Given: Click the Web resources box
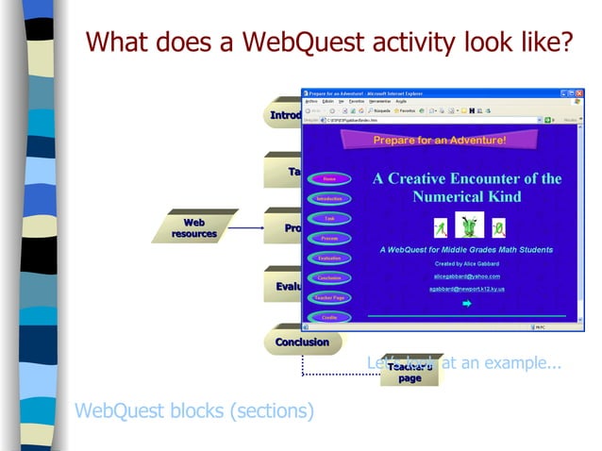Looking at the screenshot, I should pos(193,227).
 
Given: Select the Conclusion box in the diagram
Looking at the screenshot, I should pos(301,342).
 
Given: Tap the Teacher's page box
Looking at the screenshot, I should pos(410,373).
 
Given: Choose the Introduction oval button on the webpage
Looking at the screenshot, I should pos(329,198).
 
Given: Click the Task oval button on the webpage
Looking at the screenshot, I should pos(329,218).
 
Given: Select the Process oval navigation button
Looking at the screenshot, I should pos(329,238).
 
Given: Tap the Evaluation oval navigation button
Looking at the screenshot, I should pos(329,258).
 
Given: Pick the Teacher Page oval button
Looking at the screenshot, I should pos(329,297).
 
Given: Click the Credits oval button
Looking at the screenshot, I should pos(329,317).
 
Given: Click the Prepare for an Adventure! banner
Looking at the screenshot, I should pos(440,141).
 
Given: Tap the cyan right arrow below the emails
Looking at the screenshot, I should pos(466,304).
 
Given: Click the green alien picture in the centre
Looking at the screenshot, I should pos(469,225).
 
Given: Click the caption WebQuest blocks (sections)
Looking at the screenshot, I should pos(193,411).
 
